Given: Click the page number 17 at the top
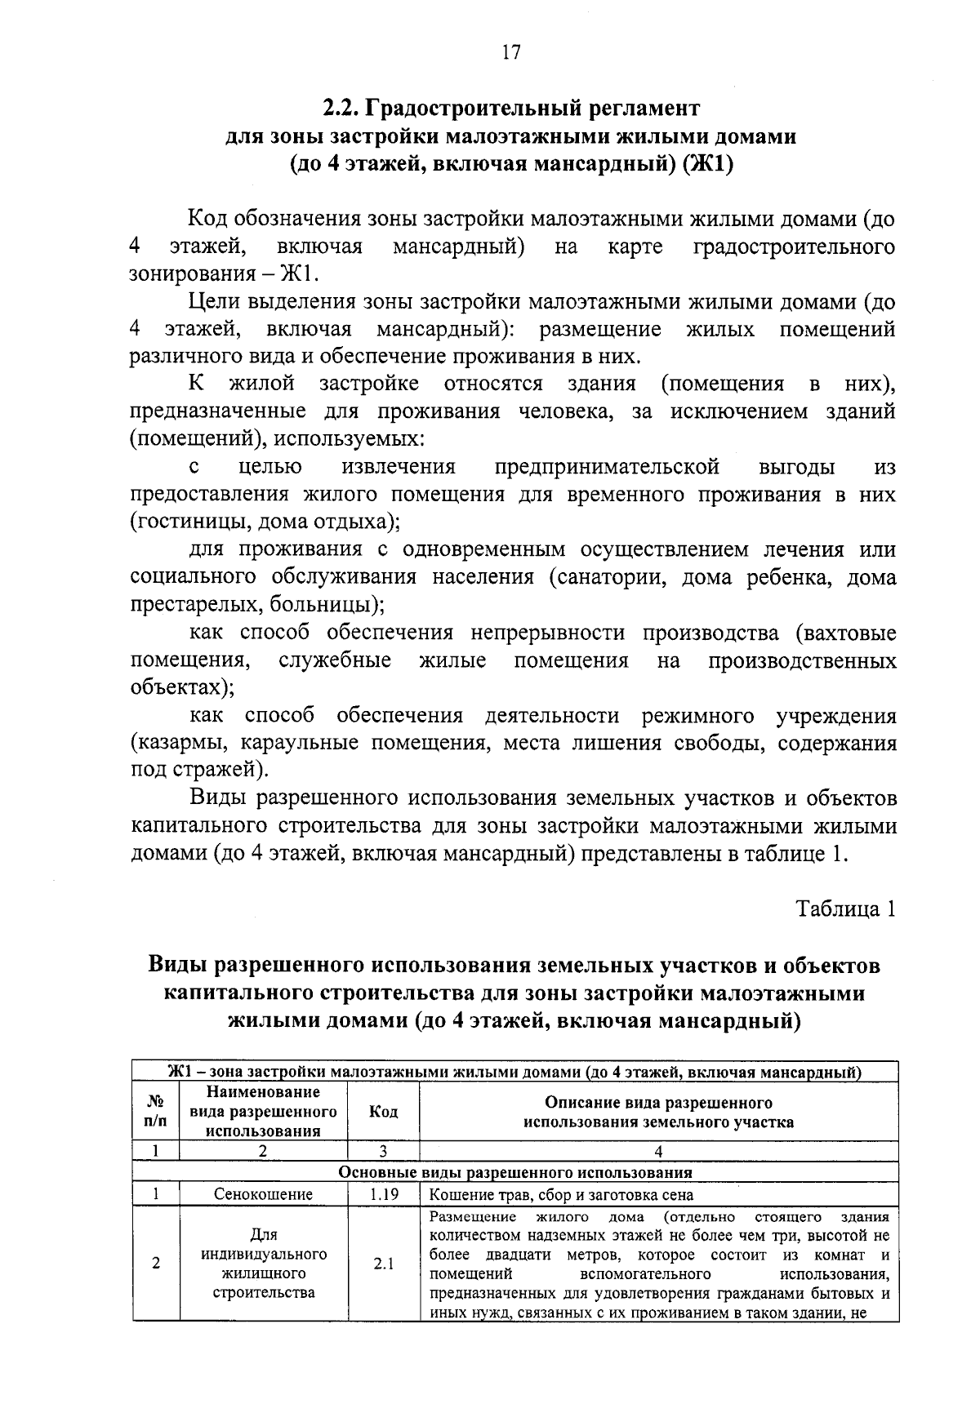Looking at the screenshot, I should tap(510, 52).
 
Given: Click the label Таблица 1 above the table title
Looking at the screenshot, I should tap(847, 909).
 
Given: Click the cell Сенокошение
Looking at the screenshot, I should tap(263, 1194).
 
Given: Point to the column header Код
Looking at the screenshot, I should tap(383, 1112).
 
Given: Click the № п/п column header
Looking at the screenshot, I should tap(154, 1112).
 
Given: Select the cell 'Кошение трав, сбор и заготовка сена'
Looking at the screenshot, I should tap(560, 1194).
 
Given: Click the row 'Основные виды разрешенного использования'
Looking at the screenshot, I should tap(515, 1172).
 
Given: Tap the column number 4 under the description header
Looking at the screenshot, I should tap(658, 1152).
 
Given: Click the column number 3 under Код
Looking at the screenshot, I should tap(383, 1152).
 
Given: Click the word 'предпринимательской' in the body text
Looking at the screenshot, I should tap(607, 467).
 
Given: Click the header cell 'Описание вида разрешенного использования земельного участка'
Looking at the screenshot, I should tap(658, 1112).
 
